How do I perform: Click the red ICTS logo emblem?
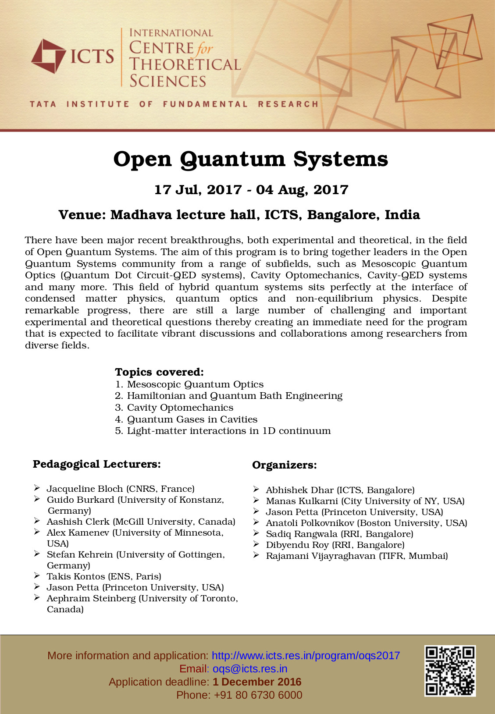pos(48,56)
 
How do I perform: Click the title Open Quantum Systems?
pos(250,159)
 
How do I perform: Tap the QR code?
pos(450,671)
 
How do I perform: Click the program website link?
pos(306,656)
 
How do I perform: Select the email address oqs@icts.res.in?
pos(250,669)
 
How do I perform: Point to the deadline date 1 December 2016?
pos(257,682)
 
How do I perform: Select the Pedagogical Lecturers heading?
pos(96,464)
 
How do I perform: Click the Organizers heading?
pos(284,465)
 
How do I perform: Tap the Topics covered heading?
pos(159,372)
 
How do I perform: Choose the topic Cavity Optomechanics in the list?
pos(180,408)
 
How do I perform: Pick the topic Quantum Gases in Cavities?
pos(192,419)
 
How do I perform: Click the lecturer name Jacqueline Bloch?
pos(85,489)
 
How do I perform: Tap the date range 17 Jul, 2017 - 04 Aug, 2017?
pos(251,190)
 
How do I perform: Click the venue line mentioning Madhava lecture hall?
pos(239,215)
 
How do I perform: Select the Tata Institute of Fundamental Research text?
pos(174,104)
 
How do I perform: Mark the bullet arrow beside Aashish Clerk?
pos(37,521)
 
